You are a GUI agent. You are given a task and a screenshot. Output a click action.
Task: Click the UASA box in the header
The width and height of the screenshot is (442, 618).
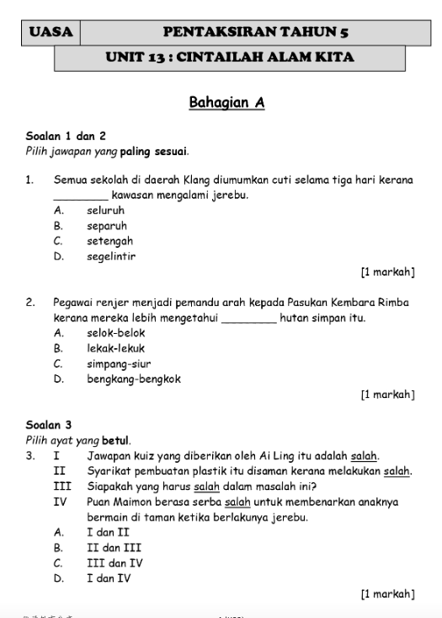[x=51, y=33]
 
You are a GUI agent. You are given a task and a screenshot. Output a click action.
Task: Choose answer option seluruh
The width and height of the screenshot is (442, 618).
[x=105, y=211]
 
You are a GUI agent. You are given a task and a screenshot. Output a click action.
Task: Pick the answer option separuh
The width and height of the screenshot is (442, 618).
[x=107, y=226]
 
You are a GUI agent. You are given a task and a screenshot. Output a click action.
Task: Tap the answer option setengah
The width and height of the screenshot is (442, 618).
[x=109, y=241]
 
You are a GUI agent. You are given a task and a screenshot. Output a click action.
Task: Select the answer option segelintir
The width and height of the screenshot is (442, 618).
[x=111, y=256]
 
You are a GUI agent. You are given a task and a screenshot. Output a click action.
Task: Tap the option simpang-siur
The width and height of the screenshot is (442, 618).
[x=119, y=363]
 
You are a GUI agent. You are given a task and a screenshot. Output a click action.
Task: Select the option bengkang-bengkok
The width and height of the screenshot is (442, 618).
[x=133, y=379]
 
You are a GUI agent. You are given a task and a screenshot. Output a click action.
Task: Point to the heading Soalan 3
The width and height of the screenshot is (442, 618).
[x=49, y=425]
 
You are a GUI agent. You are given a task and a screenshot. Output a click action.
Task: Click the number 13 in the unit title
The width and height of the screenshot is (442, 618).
[x=159, y=58]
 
